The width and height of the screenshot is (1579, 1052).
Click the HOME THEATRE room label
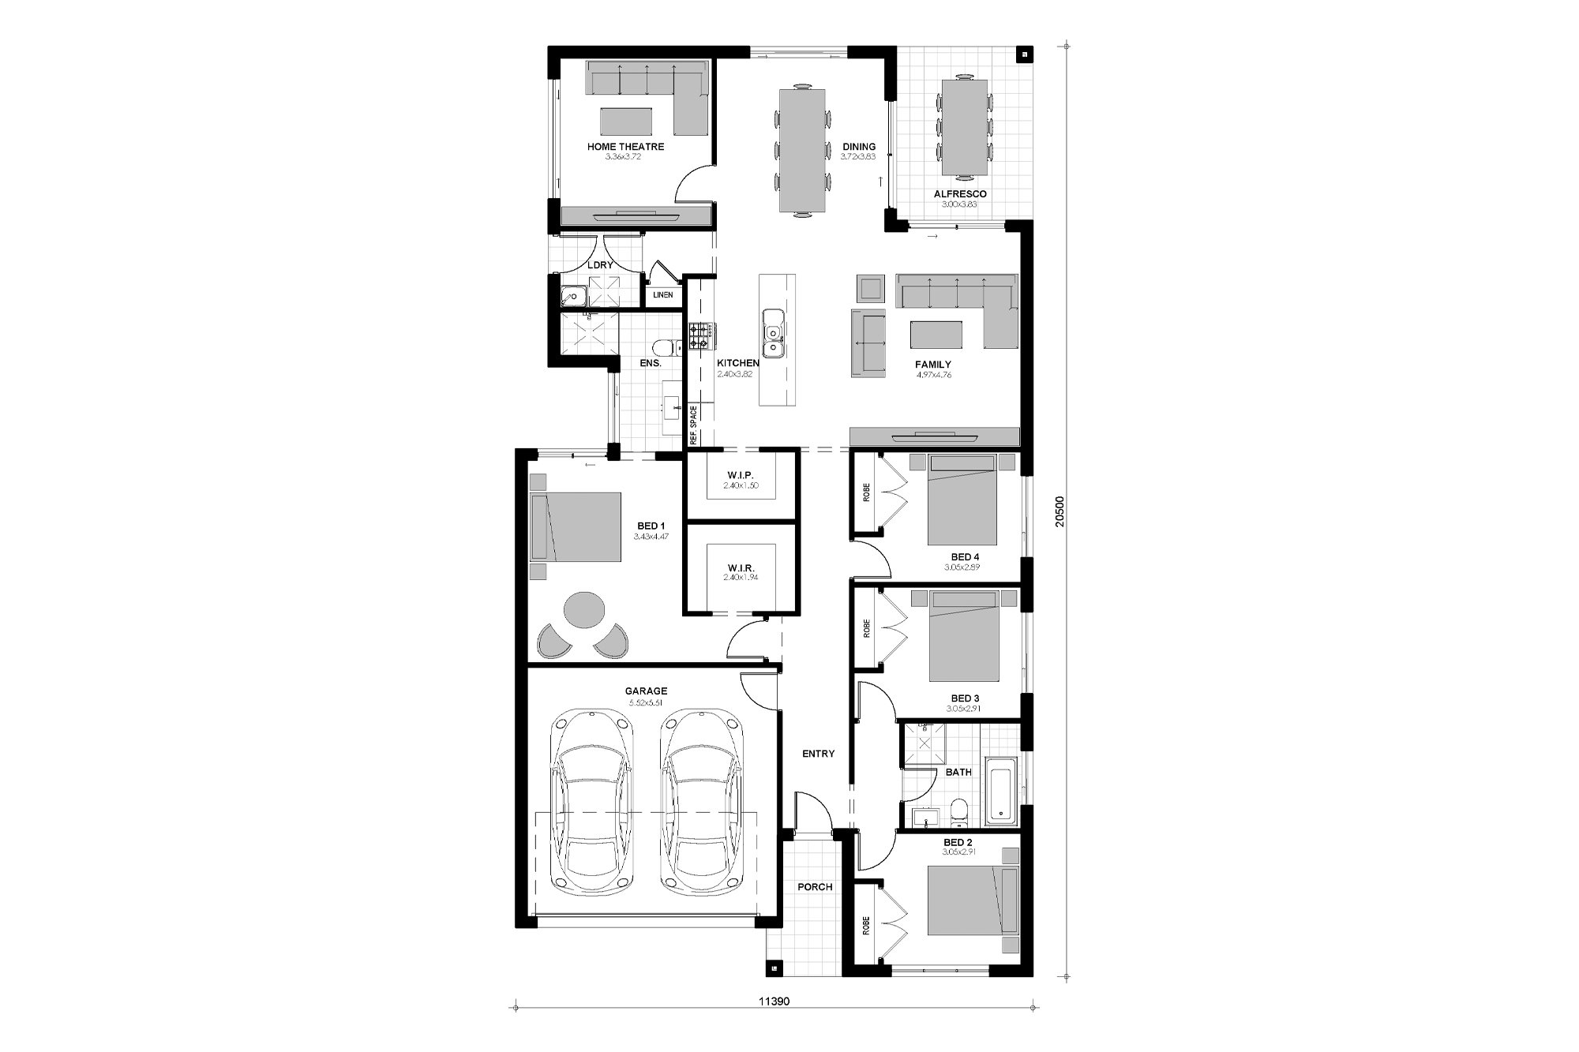point(625,147)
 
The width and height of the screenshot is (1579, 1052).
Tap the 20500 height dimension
point(1060,511)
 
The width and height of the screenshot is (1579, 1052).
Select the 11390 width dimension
point(774,1001)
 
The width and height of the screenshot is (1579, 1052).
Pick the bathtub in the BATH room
point(1001,789)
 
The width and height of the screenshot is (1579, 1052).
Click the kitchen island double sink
point(772,332)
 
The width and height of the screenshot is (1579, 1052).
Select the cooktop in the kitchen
point(700,337)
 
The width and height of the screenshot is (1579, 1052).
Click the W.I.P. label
point(741,475)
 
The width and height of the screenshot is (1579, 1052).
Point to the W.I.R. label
point(741,568)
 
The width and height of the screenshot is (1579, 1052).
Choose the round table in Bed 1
point(583,610)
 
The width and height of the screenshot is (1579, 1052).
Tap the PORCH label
point(815,887)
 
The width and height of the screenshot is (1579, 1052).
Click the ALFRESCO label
point(960,194)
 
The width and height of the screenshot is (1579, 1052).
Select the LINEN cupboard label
point(663,295)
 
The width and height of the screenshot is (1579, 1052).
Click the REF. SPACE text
point(694,427)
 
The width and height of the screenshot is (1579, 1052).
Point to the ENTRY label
point(818,754)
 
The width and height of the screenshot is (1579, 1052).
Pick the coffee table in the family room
point(936,335)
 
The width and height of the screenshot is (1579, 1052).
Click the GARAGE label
point(646,691)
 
